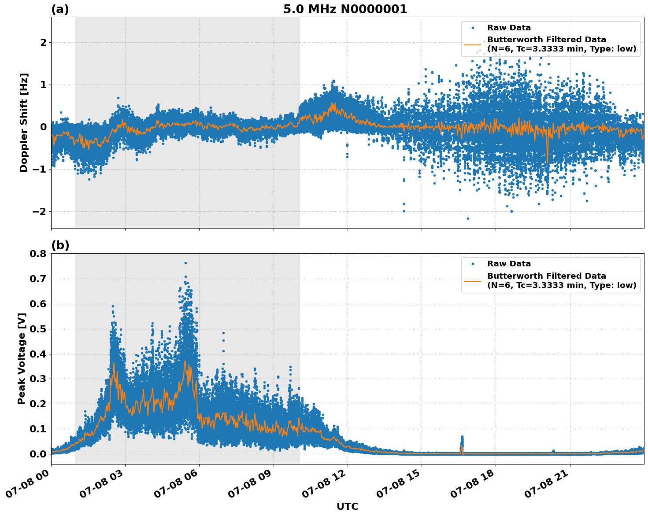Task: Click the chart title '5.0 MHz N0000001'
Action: (345, 9)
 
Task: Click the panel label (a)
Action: (60, 9)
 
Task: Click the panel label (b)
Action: (60, 245)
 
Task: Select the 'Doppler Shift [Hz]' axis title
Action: (24, 122)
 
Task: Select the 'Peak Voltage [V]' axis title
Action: (22, 358)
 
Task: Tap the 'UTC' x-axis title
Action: (347, 506)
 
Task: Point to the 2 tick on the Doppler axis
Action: (44, 43)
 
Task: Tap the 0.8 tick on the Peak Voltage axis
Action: (38, 254)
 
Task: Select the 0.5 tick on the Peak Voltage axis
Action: (38, 329)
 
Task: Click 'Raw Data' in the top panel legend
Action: (509, 28)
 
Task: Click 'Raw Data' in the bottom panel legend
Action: (509, 264)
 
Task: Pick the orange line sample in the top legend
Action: (472, 44)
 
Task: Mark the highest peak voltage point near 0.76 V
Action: (185, 263)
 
